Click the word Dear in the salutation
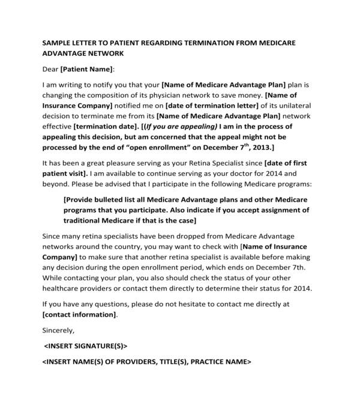tap(50, 70)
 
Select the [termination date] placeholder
tap(104, 127)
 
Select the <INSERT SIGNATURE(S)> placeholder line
tap(86, 346)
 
